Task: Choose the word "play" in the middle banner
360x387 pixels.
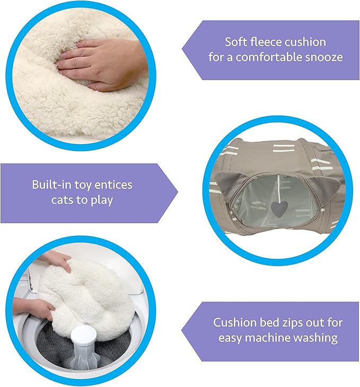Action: [x=102, y=200]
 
